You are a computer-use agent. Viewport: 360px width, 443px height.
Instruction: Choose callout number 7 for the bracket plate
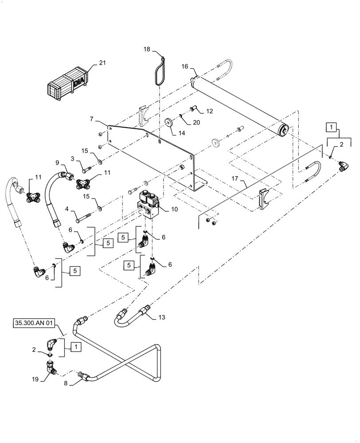pyautogui.click(x=91, y=120)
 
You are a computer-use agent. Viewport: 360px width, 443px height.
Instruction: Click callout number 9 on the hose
pyautogui.click(x=59, y=162)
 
